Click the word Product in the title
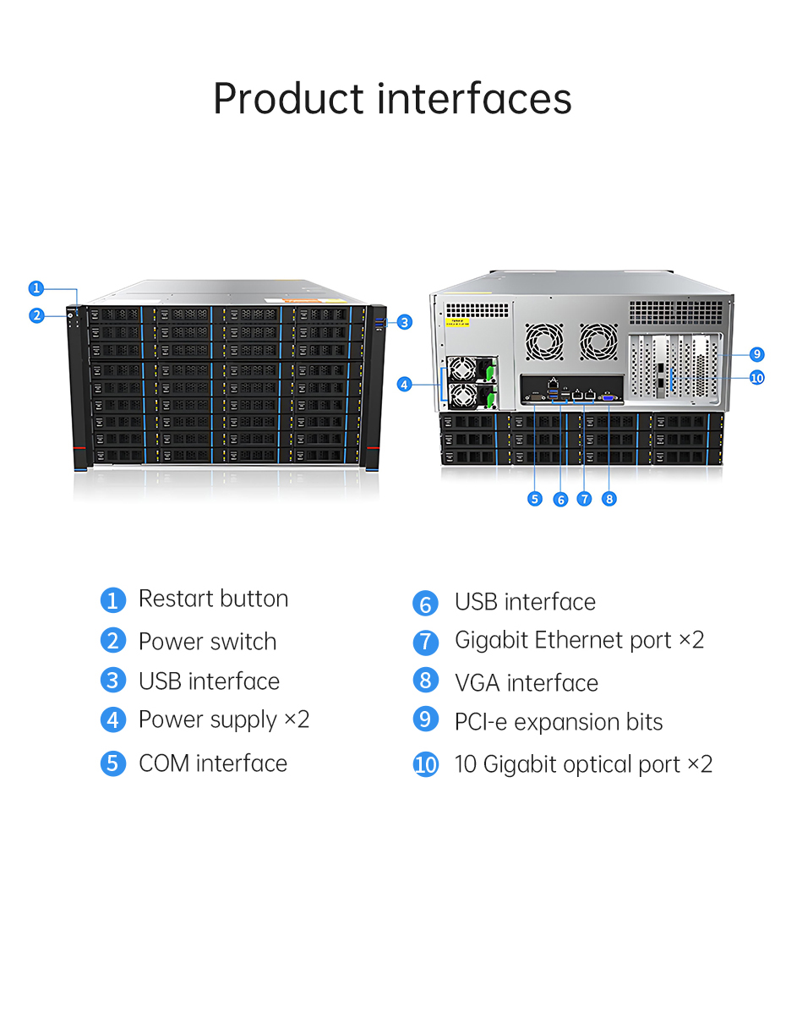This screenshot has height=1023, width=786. coord(289,99)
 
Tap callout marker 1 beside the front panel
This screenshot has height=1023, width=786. coord(36,288)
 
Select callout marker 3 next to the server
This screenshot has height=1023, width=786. coord(405,322)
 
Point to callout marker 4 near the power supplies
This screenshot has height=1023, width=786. coord(404,384)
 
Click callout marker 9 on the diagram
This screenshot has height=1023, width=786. coord(756,354)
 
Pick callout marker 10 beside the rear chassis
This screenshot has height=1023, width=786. coord(756,378)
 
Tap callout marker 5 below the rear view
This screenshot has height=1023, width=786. coord(534,499)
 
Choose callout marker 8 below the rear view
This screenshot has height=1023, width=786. coord(609,499)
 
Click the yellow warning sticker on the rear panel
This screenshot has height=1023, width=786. coord(456,322)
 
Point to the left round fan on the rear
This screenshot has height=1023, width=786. coord(544,342)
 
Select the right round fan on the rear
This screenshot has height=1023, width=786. coord(598,342)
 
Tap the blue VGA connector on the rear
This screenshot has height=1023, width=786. coord(608,397)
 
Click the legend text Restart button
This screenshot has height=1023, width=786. coord(214,599)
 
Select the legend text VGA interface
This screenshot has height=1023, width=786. coord(527,682)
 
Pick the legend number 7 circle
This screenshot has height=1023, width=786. coord(426,642)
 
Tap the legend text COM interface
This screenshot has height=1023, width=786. coord(213,763)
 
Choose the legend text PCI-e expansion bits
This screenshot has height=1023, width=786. coord(559,723)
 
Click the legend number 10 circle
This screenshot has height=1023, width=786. coord(426,764)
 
